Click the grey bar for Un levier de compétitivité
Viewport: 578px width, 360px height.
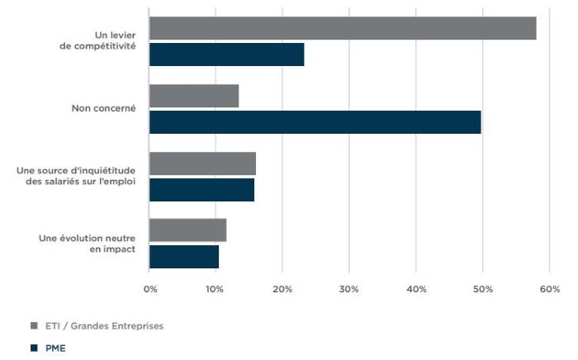pos(343,28)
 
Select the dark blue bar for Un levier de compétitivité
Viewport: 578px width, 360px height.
pos(227,54)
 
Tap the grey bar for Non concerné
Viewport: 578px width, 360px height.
pos(194,96)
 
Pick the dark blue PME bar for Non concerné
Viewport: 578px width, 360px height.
pos(315,122)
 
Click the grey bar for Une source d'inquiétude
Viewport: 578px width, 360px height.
pos(203,163)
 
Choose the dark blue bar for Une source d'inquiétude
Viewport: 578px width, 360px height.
pos(201,190)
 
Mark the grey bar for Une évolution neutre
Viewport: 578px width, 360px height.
pos(188,230)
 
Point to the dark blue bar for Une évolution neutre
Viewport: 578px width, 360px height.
pos(184,257)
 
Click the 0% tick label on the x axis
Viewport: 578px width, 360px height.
pos(150,289)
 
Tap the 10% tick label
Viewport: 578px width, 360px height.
pos(215,289)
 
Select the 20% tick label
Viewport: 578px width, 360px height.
pos(282,289)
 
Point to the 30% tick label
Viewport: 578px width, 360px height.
pos(349,289)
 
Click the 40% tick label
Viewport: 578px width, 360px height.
pos(416,289)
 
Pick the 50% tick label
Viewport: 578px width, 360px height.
pos(483,289)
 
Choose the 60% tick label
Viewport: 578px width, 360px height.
pos(550,289)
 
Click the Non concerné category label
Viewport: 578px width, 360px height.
pos(103,108)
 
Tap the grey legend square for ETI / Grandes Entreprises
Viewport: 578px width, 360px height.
pos(35,325)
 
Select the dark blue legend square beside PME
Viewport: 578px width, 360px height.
pos(35,348)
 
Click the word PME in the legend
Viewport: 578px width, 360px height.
pos(55,348)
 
